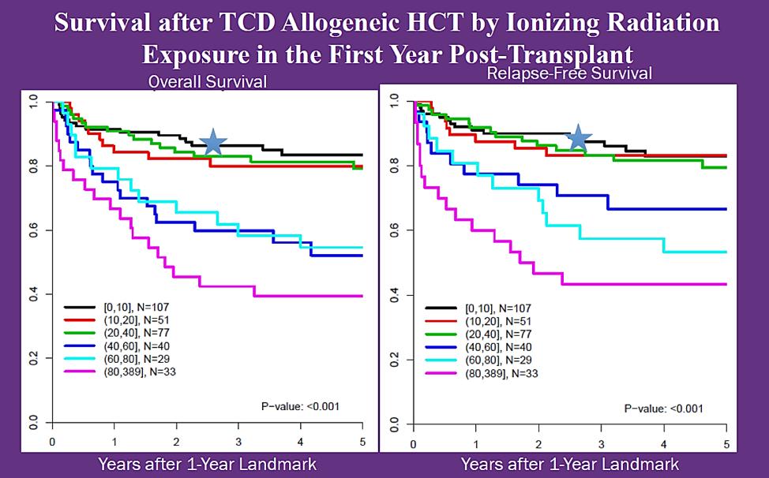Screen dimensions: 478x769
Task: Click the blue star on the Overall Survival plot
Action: click(x=214, y=142)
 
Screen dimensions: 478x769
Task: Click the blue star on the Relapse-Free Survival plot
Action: click(x=579, y=137)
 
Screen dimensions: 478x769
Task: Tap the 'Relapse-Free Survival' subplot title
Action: click(x=570, y=74)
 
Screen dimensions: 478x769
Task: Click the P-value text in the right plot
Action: click(x=663, y=408)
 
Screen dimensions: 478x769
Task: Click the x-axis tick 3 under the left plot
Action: click(x=238, y=443)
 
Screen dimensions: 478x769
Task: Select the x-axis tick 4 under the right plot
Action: click(x=663, y=443)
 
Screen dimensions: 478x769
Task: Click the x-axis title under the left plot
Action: click(x=207, y=463)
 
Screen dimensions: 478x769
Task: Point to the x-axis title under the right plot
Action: click(x=570, y=463)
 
